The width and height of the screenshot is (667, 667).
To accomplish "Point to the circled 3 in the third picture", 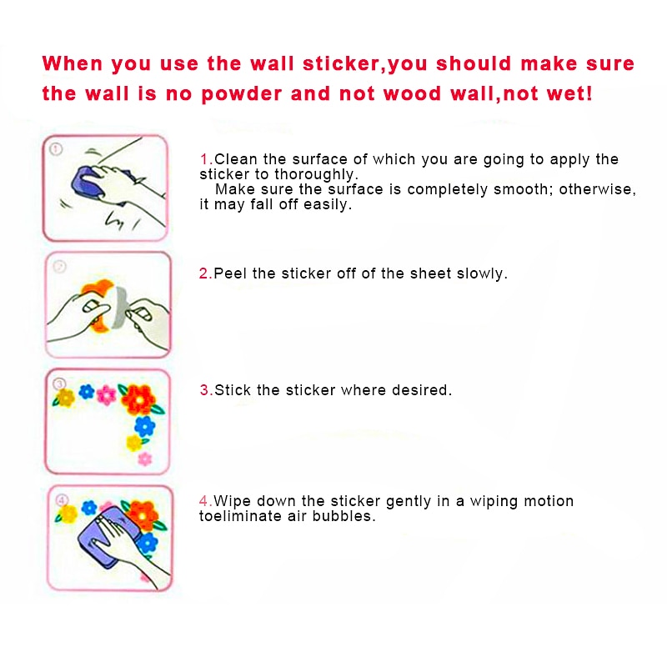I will pos(59,384).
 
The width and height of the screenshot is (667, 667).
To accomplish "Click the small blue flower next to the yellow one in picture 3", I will pos(86,391).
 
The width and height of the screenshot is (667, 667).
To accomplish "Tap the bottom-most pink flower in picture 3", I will pos(145,459).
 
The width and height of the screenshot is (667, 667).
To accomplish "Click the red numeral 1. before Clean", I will pos(206,159).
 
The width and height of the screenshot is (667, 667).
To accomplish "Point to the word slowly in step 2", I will pos(481,273).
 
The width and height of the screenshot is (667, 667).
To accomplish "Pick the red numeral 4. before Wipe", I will pos(206,501).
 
